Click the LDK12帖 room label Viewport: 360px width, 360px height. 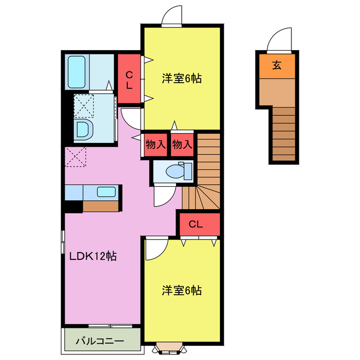point(93,256)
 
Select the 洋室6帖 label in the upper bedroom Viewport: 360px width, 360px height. point(182,79)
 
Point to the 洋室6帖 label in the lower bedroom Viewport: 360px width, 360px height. point(182,290)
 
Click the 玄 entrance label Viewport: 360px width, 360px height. point(277,65)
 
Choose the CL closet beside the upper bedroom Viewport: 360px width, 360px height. point(129,79)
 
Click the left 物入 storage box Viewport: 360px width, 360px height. point(156,145)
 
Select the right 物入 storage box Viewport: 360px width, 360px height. point(182,145)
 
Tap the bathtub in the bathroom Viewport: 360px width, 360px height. point(76,72)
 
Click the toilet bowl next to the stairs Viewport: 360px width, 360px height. point(175,172)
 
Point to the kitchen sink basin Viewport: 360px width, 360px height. point(106,192)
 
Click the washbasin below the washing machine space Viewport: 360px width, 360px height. point(84,129)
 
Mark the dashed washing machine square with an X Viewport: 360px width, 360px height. point(84,106)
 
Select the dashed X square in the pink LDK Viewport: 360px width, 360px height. point(75,157)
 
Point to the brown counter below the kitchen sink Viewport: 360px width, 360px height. point(101,206)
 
